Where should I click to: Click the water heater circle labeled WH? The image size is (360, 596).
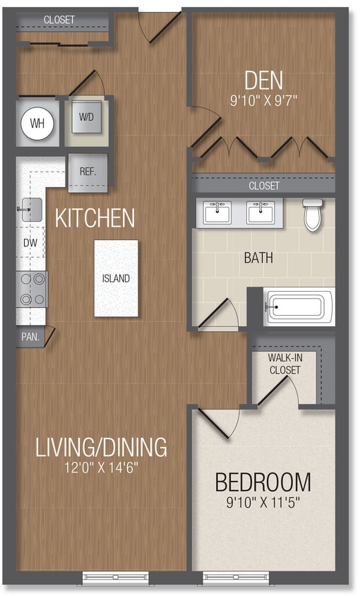click(37, 124)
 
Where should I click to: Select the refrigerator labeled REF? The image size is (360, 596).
click(88, 172)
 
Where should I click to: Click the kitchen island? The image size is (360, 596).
click(116, 278)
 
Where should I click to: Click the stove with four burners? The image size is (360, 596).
click(32, 288)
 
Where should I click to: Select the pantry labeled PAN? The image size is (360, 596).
click(30, 337)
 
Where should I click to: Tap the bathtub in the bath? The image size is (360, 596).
click(297, 307)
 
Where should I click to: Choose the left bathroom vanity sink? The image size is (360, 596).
click(217, 211)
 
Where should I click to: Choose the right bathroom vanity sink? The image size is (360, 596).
click(260, 211)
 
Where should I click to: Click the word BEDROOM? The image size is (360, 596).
click(263, 482)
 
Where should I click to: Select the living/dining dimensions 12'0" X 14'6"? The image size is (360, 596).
click(102, 467)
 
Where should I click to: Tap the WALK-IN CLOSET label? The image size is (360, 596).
click(284, 363)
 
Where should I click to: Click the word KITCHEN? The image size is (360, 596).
click(95, 217)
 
